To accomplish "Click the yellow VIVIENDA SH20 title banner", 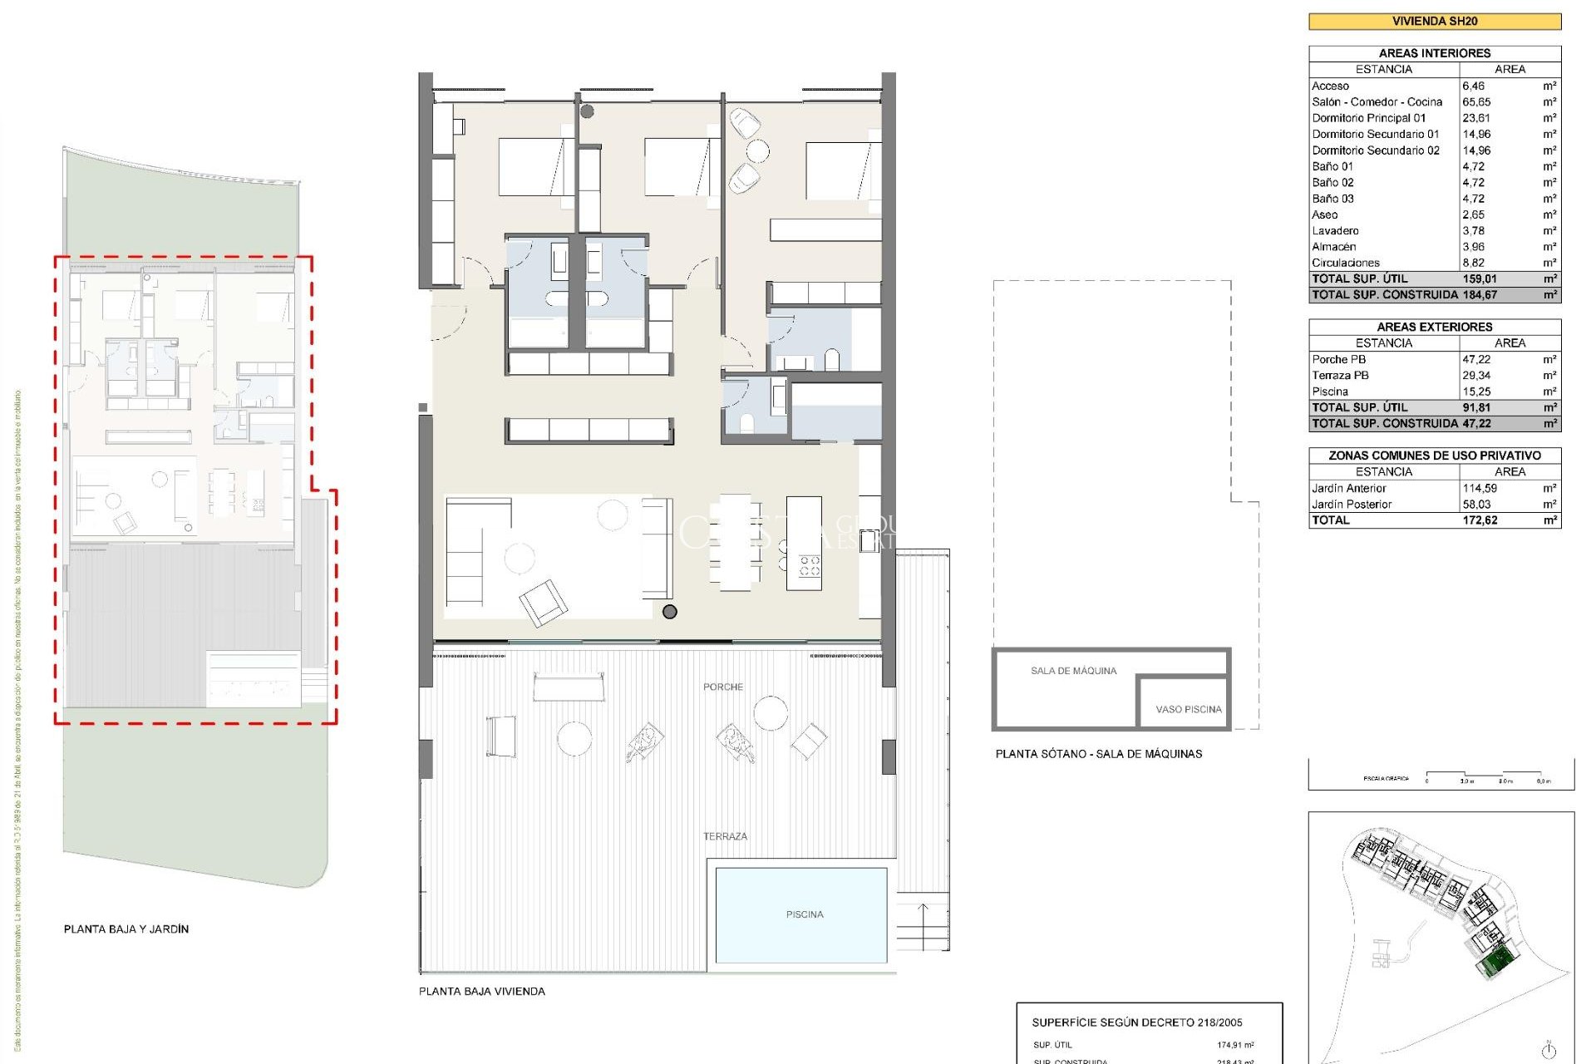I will click(1434, 22).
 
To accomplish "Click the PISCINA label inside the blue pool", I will click(804, 914).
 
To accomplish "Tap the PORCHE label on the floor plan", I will click(722, 687).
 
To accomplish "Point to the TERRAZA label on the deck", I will click(725, 836).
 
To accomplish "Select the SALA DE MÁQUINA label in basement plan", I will click(1073, 671).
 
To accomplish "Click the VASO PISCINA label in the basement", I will click(1188, 709).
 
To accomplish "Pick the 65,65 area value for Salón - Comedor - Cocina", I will click(1476, 102).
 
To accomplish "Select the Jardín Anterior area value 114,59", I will click(1480, 489).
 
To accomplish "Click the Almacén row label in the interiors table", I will click(1333, 247).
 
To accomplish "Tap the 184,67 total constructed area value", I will click(1480, 295).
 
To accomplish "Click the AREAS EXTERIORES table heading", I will click(1434, 328).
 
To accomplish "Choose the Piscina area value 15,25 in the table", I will click(1476, 392).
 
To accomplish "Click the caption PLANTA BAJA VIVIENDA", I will click(481, 992).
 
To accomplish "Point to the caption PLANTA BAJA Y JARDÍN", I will click(126, 929).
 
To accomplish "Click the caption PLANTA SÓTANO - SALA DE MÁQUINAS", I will click(1098, 754).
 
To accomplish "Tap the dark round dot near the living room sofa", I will click(670, 612).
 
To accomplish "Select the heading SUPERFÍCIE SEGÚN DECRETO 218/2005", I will click(1136, 1022).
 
